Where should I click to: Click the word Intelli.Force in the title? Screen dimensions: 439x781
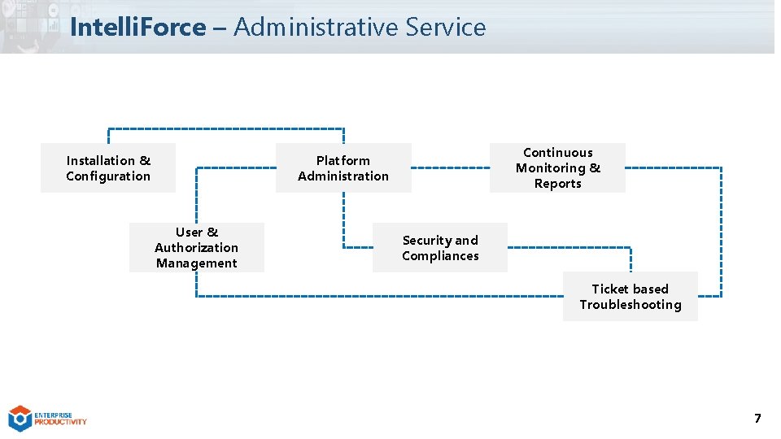click(137, 27)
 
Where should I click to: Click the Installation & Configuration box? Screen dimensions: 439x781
click(108, 168)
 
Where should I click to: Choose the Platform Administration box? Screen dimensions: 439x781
click(343, 168)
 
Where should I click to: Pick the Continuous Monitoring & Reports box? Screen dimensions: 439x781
click(557, 167)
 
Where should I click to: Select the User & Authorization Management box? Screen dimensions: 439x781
click(197, 247)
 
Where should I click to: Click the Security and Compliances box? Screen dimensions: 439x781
click(440, 247)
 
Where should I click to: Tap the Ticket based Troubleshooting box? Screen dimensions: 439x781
click(630, 296)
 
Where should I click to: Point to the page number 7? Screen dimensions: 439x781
click(757, 419)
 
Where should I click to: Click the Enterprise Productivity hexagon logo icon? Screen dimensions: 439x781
click(20, 418)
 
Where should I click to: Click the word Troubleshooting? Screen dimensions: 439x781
click(630, 305)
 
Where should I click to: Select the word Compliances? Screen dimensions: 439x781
click(440, 256)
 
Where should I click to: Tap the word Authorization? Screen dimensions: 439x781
click(197, 248)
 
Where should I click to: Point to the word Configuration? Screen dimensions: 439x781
click(108, 176)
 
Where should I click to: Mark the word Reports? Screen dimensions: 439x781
click(557, 184)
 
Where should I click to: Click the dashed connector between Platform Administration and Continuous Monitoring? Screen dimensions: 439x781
click(450, 167)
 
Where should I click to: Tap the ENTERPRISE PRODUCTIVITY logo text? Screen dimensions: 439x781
click(60, 418)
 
